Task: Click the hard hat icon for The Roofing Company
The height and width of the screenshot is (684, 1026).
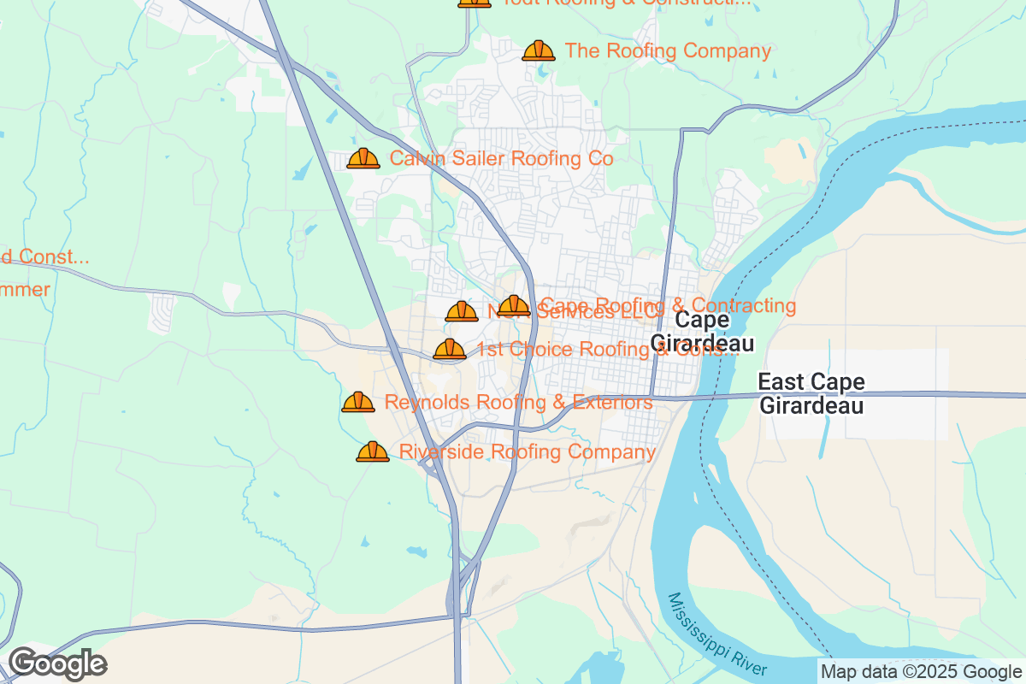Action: (x=539, y=50)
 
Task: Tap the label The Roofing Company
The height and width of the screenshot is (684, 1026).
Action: (x=668, y=50)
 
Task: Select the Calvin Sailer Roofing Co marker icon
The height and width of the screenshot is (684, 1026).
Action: (x=363, y=158)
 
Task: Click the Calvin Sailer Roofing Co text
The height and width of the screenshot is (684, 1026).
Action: (x=501, y=158)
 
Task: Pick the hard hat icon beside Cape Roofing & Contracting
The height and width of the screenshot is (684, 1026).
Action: (x=514, y=305)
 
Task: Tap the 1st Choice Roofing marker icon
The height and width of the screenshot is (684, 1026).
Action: (x=450, y=349)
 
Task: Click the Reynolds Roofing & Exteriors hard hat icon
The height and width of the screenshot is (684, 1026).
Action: (x=358, y=402)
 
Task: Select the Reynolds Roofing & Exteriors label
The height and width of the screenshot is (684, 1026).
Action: (x=518, y=402)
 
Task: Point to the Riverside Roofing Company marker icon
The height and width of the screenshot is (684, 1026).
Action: (x=373, y=451)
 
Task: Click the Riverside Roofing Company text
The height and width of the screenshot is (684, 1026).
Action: (x=528, y=451)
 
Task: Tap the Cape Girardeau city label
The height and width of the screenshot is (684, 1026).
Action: (x=702, y=332)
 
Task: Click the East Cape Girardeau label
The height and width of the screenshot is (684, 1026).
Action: (x=811, y=393)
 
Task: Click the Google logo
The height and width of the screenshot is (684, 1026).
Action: (x=57, y=663)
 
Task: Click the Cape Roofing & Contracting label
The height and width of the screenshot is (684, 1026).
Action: (x=669, y=305)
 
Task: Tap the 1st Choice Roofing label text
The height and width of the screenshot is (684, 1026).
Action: (x=607, y=349)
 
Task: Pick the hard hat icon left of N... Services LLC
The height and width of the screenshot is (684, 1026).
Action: (x=462, y=311)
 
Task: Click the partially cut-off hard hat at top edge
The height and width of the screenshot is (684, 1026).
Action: (x=475, y=3)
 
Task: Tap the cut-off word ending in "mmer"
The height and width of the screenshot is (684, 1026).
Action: (x=25, y=289)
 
